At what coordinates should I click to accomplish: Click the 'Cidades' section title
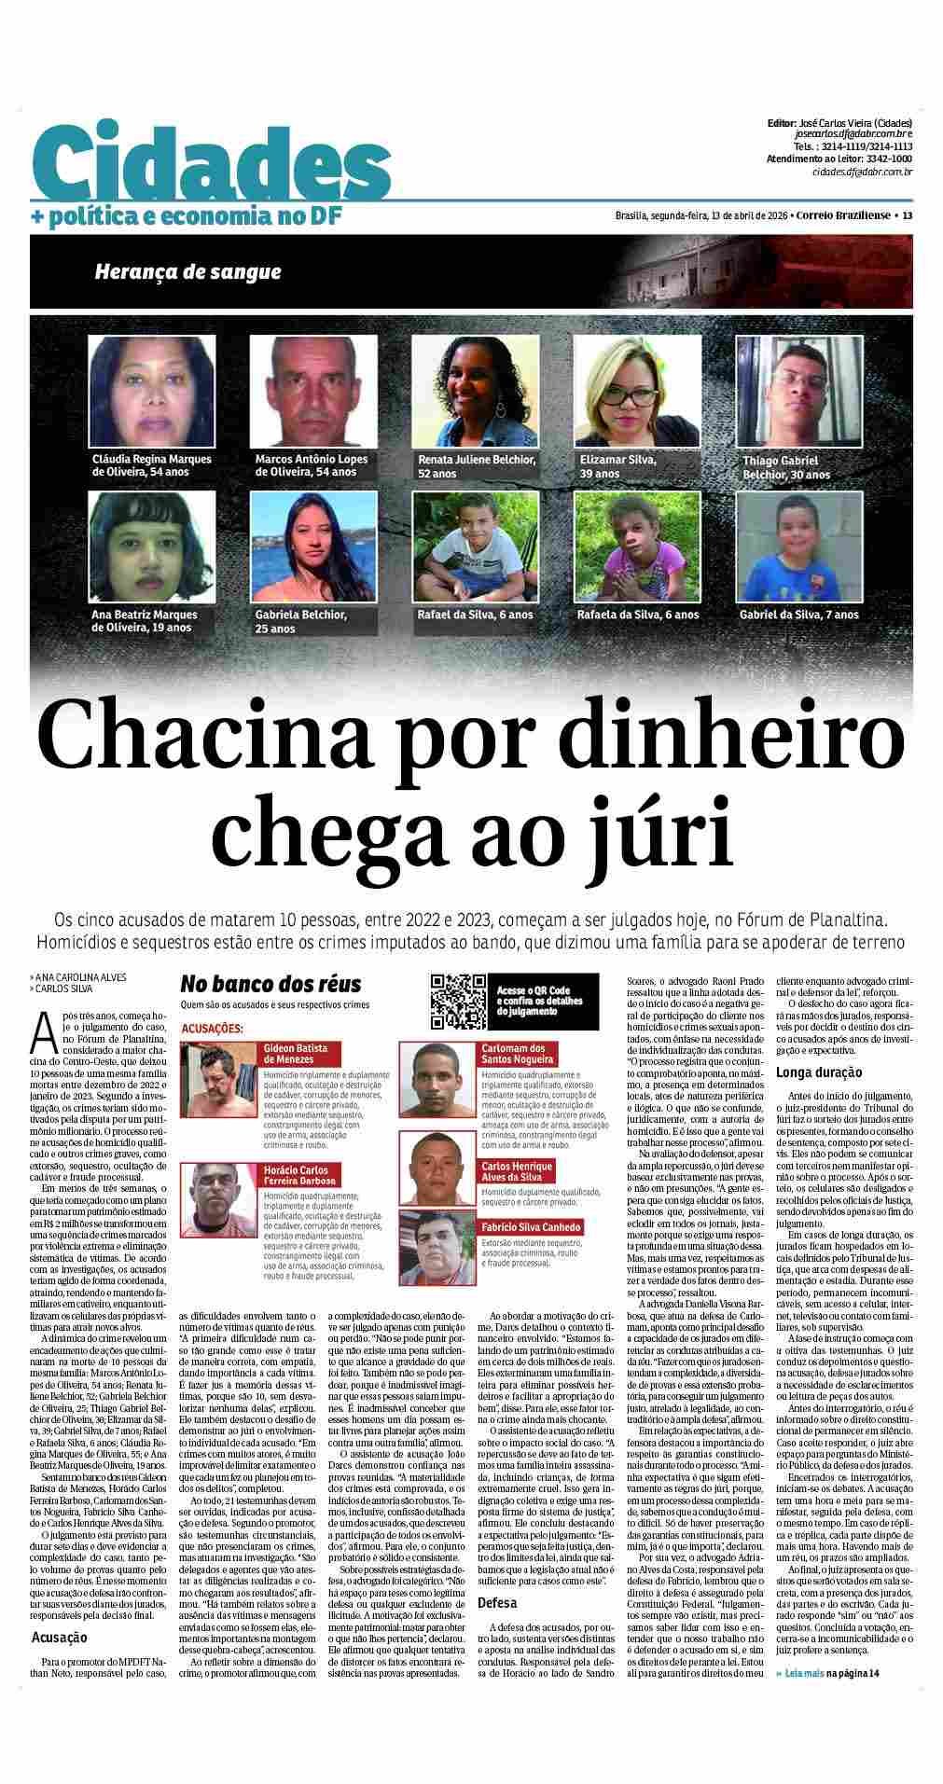[209, 165]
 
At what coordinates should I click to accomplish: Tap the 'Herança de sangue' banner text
[187, 272]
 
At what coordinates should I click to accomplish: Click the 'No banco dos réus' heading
[270, 985]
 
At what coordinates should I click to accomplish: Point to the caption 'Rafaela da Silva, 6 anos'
[638, 615]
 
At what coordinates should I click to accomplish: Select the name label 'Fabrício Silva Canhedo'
[531, 1227]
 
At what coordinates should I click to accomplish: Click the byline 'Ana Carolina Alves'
[79, 977]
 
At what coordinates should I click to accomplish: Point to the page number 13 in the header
[906, 215]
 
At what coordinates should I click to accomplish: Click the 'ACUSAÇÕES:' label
[212, 1029]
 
